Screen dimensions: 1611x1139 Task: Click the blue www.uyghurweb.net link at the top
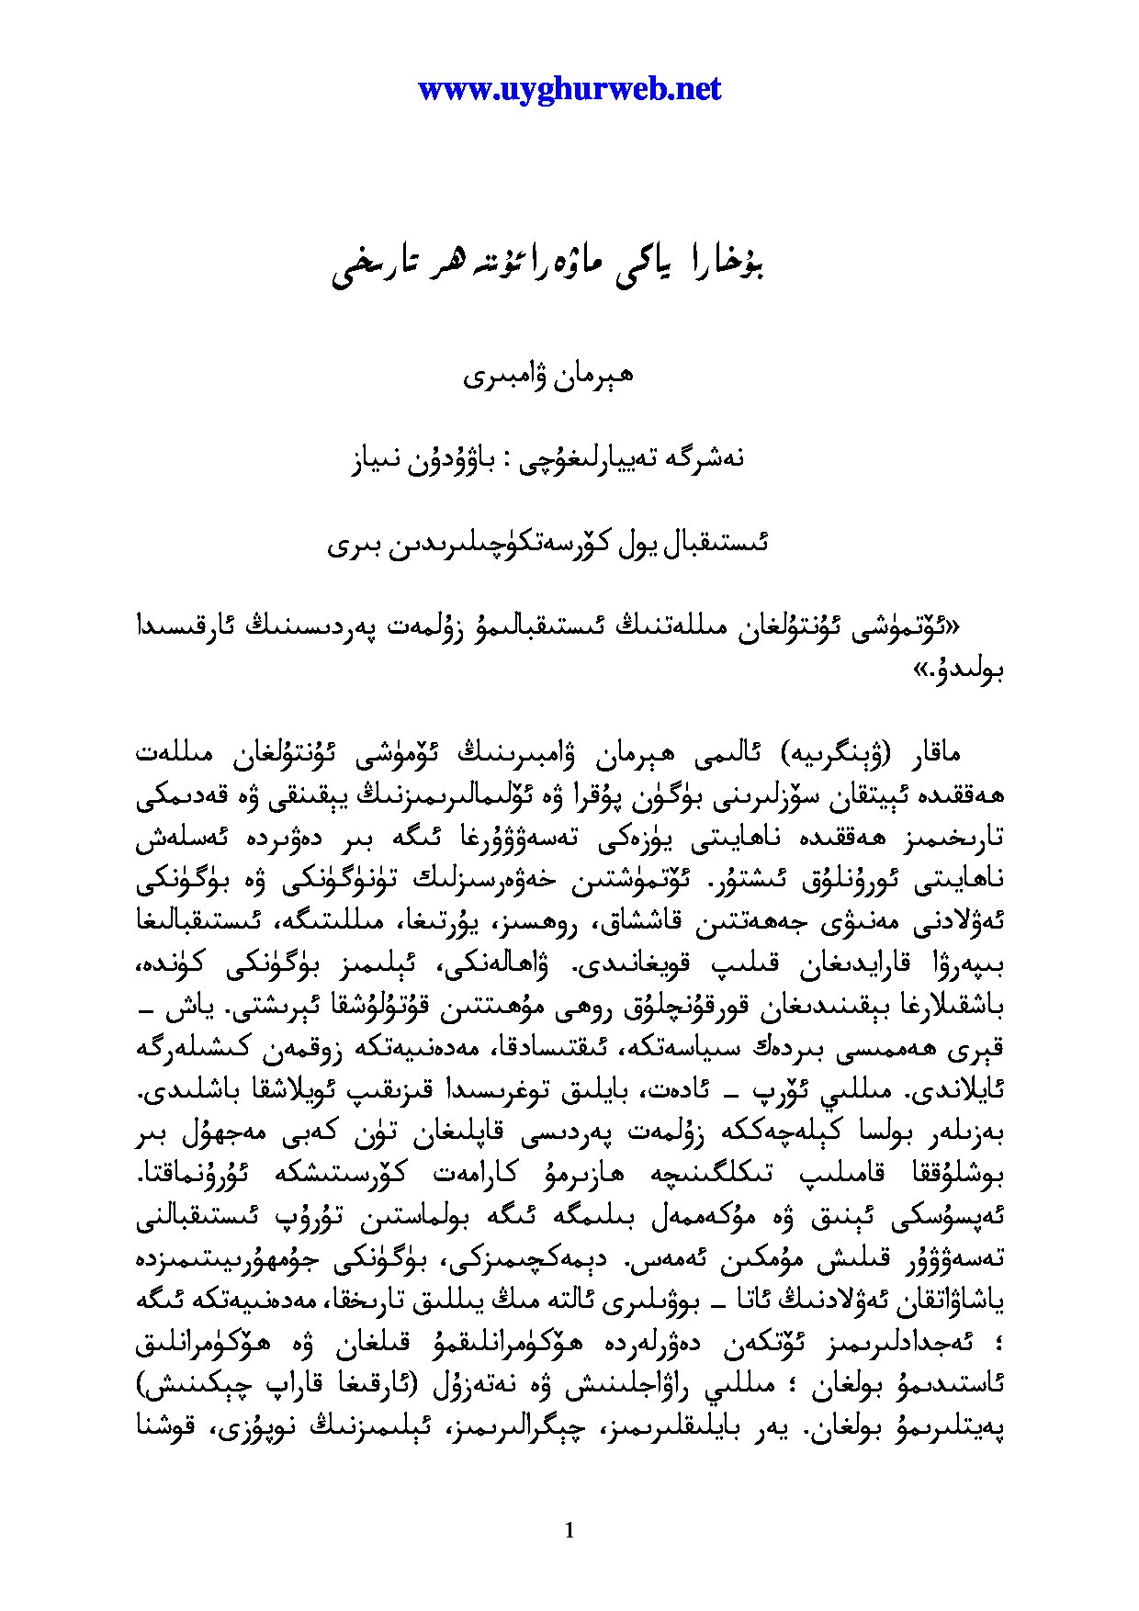tap(569, 89)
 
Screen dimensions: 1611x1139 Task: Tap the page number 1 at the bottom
tap(569, 1529)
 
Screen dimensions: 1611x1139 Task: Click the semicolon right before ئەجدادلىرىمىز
tap(999, 1348)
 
